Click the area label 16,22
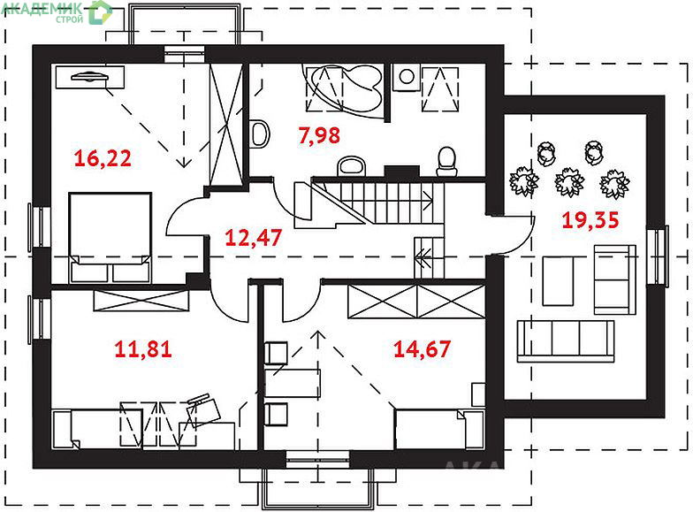(x=103, y=158)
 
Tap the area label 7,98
(x=319, y=134)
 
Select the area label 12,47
(x=253, y=237)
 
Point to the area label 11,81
(x=143, y=348)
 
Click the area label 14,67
(x=423, y=348)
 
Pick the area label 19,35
(x=590, y=220)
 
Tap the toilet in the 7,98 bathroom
(x=446, y=162)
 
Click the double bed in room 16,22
(x=110, y=237)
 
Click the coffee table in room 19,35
(x=558, y=281)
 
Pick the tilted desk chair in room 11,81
(x=203, y=409)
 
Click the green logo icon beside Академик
(x=100, y=12)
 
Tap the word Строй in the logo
(x=69, y=19)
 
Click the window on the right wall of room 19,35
(x=658, y=256)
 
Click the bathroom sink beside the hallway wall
(x=352, y=166)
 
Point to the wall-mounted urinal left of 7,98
(x=260, y=134)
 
